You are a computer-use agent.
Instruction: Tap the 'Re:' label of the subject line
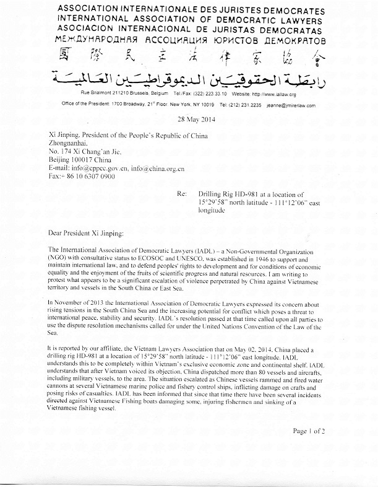tap(181, 194)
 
